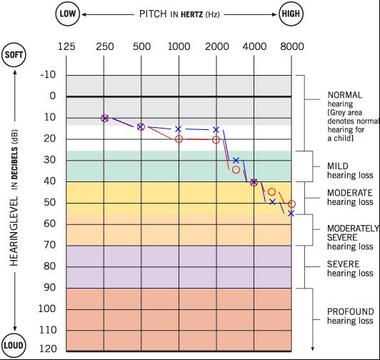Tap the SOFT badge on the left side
[14, 56]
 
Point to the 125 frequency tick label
[66, 47]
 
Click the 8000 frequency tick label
[291, 47]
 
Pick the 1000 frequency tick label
[179, 47]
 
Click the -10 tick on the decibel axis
[49, 75]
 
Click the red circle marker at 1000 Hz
[179, 139]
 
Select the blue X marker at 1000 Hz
[179, 129]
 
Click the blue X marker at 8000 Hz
[291, 213]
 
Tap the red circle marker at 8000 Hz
[291, 204]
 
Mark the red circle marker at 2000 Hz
[216, 139]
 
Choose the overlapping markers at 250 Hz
[104, 118]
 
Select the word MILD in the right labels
[338, 166]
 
